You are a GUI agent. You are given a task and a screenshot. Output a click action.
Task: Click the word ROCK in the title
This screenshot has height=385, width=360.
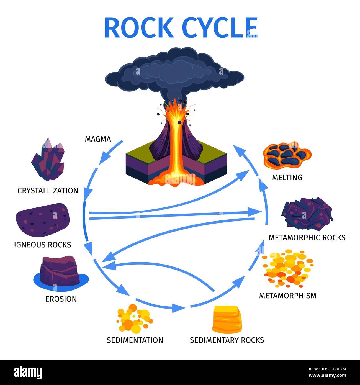pyautogui.click(x=139, y=28)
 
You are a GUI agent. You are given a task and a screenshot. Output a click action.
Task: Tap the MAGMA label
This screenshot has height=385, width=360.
pyautogui.click(x=98, y=139)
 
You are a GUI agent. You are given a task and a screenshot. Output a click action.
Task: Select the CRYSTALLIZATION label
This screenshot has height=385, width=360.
pyautogui.click(x=48, y=191)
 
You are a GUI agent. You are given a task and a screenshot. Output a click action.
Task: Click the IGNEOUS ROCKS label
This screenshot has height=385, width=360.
pyautogui.click(x=43, y=245)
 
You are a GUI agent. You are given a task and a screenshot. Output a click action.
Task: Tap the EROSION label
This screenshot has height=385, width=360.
pyautogui.click(x=61, y=299)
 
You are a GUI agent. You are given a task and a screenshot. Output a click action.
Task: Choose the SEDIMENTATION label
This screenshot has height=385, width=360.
pyautogui.click(x=135, y=340)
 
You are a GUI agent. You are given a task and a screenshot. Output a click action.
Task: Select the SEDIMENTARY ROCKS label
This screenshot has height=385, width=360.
pyautogui.click(x=227, y=340)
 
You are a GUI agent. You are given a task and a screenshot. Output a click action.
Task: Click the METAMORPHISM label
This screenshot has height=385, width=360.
pyautogui.click(x=287, y=296)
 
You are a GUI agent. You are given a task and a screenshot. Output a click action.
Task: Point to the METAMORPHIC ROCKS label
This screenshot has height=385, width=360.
pyautogui.click(x=307, y=238)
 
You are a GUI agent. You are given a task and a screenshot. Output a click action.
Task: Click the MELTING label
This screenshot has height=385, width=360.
pyautogui.click(x=287, y=178)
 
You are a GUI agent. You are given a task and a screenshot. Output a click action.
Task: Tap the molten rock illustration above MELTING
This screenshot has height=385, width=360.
pyautogui.click(x=287, y=155)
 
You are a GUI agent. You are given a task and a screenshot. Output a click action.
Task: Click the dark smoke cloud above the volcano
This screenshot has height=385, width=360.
pyautogui.click(x=174, y=72)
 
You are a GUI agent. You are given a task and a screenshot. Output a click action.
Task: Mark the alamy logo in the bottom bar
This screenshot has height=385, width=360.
pyautogui.click(x=28, y=373)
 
